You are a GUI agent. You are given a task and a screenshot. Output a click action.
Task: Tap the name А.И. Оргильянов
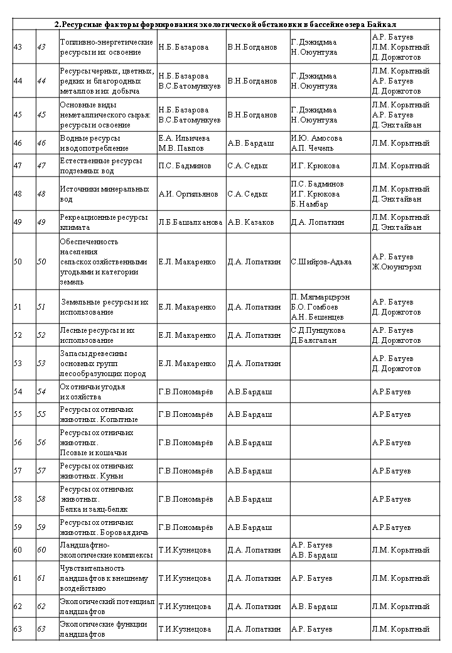click(188, 194)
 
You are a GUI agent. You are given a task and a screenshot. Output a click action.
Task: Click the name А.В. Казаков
click(250, 222)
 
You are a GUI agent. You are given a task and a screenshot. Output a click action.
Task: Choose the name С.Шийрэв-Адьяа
click(321, 262)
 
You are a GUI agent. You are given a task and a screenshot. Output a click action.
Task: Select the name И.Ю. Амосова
click(316, 138)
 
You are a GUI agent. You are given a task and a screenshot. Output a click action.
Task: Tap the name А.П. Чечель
click(313, 148)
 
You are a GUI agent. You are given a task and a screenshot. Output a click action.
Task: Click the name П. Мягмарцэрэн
click(320, 297)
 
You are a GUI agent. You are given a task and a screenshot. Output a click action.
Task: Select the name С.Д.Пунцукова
click(318, 330)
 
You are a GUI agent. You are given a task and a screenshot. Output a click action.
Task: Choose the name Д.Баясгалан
click(315, 340)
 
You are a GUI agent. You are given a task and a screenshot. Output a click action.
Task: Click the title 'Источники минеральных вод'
click(104, 194)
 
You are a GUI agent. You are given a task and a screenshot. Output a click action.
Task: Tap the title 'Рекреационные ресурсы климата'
click(104, 222)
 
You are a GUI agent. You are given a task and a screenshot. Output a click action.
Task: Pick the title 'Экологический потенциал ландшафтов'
click(107, 606)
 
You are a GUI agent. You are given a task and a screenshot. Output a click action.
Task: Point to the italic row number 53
click(41, 364)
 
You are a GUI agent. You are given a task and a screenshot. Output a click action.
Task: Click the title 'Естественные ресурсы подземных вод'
click(100, 166)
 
